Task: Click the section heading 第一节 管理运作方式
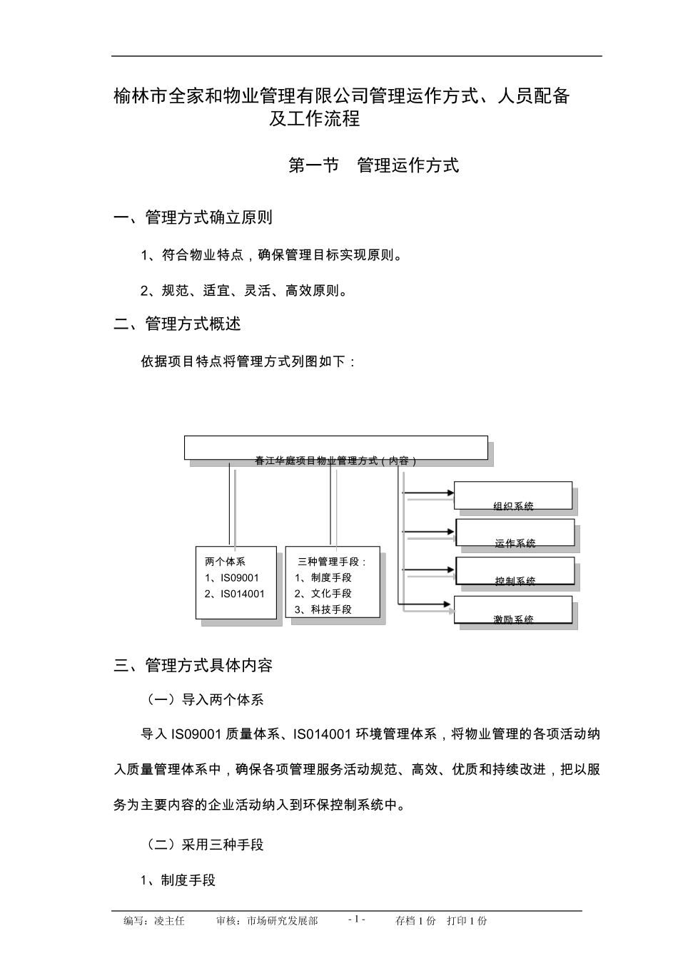373,166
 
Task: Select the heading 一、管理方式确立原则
193,217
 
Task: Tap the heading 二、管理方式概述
178,324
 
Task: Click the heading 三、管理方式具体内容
193,666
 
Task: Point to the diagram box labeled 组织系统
513,495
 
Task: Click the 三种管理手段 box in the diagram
332,582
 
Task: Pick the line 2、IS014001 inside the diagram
235,594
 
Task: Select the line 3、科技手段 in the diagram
323,609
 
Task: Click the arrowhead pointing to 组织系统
450,493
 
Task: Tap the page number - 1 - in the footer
357,920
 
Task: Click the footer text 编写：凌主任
154,921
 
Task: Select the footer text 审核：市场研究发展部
267,921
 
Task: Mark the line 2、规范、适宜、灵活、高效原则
244,291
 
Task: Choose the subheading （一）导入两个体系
205,700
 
